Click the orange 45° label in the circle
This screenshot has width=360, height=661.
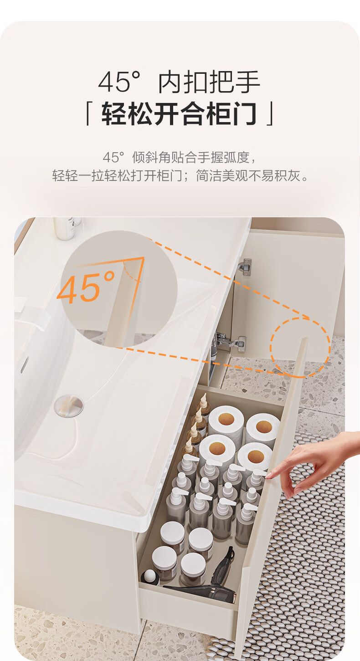pyautogui.click(x=86, y=288)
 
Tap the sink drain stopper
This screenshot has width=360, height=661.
pyautogui.click(x=69, y=406)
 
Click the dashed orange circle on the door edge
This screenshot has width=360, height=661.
pyautogui.click(x=300, y=347)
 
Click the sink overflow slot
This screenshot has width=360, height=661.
pyautogui.click(x=25, y=364)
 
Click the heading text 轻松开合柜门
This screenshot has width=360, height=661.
pyautogui.click(x=179, y=113)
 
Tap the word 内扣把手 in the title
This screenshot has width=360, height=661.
pyautogui.click(x=209, y=82)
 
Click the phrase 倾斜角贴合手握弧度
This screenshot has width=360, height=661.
pyautogui.click(x=191, y=157)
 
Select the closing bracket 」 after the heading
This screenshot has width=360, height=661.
pyautogui.click(x=270, y=113)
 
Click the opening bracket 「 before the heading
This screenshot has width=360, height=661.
pyautogui.click(x=87, y=113)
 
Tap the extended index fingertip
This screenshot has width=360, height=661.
pyautogui.click(x=268, y=476)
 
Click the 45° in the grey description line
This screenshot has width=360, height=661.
pyautogui.click(x=113, y=157)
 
